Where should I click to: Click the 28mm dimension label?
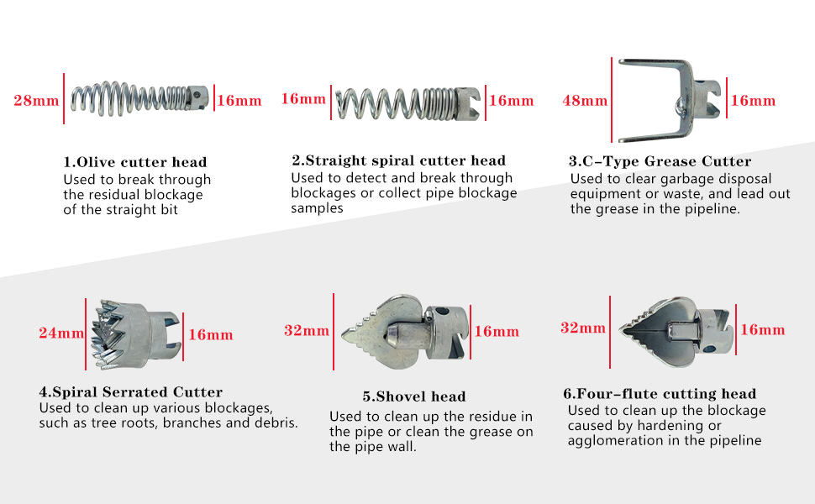coord(36,101)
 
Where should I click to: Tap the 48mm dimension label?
coord(584,101)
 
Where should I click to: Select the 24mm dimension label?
coord(60,333)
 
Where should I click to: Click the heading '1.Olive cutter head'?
coord(135,162)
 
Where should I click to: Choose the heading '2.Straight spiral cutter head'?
coord(398,160)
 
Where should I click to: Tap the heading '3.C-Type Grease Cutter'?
coord(660,161)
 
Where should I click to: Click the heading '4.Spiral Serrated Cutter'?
coord(131,392)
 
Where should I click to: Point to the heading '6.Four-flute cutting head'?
coord(660,394)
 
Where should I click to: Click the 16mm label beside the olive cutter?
coord(239,101)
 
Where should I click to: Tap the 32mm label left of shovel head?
coord(306,331)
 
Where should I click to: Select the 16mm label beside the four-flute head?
coord(762,330)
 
